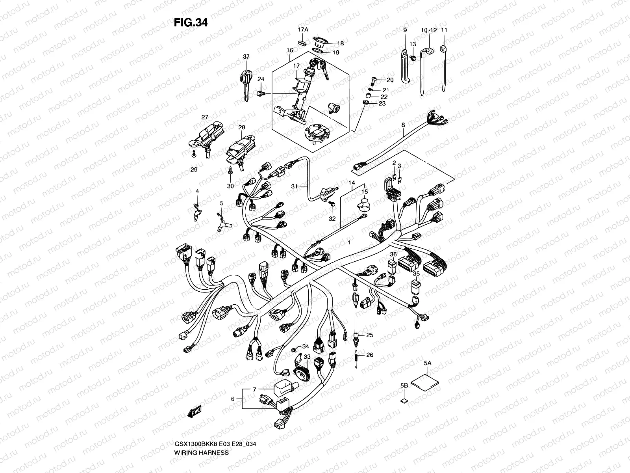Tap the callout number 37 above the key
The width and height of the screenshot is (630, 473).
pyautogui.click(x=246, y=57)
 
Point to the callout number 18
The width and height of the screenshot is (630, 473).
pyautogui.click(x=340, y=43)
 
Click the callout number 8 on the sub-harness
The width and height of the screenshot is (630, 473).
pyautogui.click(x=403, y=125)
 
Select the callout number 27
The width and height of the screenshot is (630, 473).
pyautogui.click(x=204, y=117)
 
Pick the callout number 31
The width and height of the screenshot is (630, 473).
pyautogui.click(x=294, y=186)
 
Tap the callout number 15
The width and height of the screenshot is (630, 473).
pyautogui.click(x=365, y=192)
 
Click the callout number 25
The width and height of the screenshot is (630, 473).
pyautogui.click(x=369, y=335)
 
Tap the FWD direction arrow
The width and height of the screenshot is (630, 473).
pyautogui.click(x=195, y=412)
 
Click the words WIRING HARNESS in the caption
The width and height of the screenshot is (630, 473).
pyautogui.click(x=201, y=453)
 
